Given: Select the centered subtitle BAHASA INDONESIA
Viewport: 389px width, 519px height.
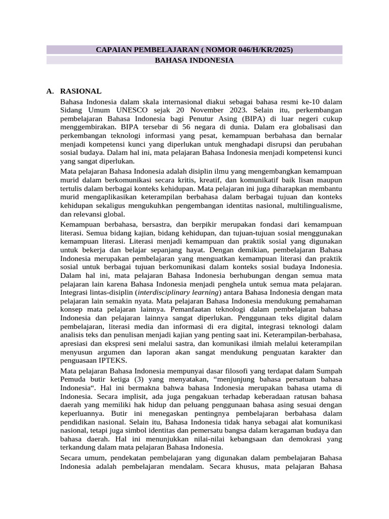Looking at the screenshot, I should tap(194, 60).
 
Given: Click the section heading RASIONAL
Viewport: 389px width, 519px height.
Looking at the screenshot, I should tap(81, 91).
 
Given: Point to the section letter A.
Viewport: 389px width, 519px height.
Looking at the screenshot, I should tap(50, 91).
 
